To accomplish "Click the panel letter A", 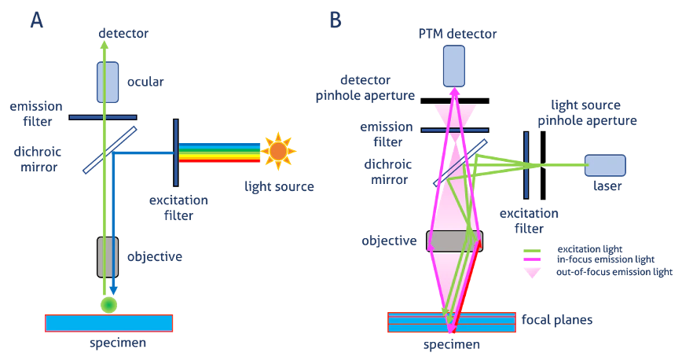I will pos(37,20).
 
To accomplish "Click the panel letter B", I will pos(335,20).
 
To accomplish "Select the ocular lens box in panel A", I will pos(108,83).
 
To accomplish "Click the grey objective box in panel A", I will pos(108,256).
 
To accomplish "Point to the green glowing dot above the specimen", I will pos(109,305).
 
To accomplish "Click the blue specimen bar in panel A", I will pos(109,323).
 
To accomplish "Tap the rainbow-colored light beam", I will pos(219,152).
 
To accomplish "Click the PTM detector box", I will pos(454,66).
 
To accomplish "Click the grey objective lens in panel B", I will pos(453,241).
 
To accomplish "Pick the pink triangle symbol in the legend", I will pos(533,272).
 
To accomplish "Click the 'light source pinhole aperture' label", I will pos(593,112).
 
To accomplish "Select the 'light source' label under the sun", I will pos(279,186).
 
